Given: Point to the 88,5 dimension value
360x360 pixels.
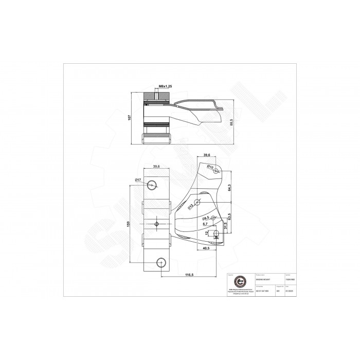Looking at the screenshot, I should pyautogui.click(x=231, y=122).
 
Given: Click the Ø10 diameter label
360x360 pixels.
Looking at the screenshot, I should pyautogui.click(x=210, y=167).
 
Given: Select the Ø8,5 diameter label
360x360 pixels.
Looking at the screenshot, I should pyautogui.click(x=205, y=219).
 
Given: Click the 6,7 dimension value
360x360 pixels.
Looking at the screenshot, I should pyautogui.click(x=205, y=225).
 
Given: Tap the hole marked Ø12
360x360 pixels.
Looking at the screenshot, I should pyautogui.click(x=197, y=202).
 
